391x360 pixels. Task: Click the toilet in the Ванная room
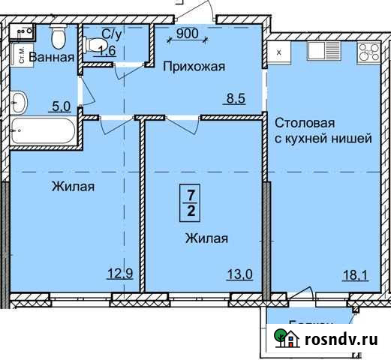click(59, 36)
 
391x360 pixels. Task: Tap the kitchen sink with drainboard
click(325, 51)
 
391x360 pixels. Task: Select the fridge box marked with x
click(279, 52)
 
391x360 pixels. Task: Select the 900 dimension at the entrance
click(188, 33)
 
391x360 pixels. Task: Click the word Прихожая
click(194, 67)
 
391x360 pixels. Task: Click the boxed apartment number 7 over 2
click(192, 202)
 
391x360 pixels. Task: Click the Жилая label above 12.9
click(73, 187)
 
